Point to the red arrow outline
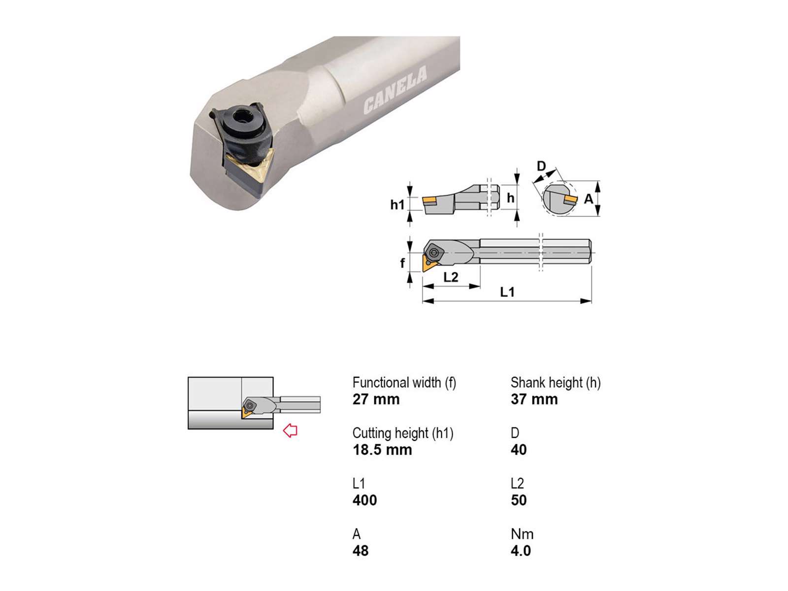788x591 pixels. pos(290,430)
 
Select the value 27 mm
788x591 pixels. pos(376,399)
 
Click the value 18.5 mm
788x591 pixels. pos(382,450)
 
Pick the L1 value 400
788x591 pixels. pos(365,500)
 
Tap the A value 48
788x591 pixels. pos(361,551)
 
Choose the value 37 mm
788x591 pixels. pos(534,399)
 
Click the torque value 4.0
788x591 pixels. pos(521,551)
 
